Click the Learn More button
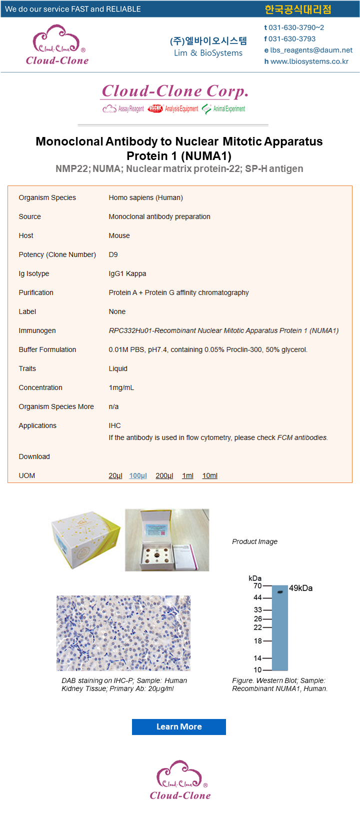[x=179, y=726]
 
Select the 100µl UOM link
[x=138, y=475]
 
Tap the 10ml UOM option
[x=209, y=475]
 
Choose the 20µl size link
[x=115, y=475]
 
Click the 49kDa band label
[x=300, y=588]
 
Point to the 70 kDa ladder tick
[x=267, y=585]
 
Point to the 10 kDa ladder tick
[x=267, y=670]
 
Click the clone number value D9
[x=113, y=254]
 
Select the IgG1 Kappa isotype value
[x=127, y=273]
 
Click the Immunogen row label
[x=37, y=330]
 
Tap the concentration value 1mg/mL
[x=121, y=387]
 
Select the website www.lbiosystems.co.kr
[x=309, y=61]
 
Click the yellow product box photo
[x=85, y=540]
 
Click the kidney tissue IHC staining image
[x=123, y=633]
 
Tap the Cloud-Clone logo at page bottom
[x=180, y=780]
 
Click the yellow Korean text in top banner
[x=297, y=9]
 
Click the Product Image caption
[x=254, y=541]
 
